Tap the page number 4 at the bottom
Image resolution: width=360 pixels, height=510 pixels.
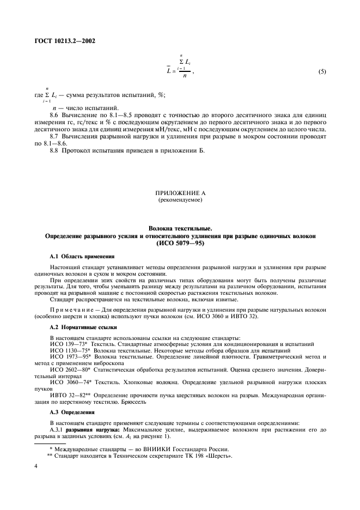tap(35, 466)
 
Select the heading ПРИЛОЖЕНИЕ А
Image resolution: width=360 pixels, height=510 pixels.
tap(180, 194)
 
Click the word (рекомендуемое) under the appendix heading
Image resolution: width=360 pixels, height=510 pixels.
tap(180, 201)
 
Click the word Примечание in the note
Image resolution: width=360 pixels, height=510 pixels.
tap(72, 309)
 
